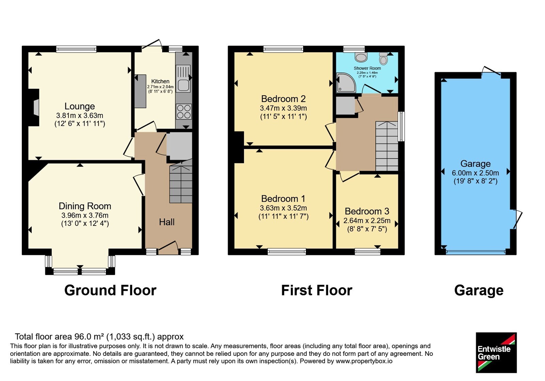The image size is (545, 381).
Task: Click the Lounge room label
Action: pyautogui.click(x=80, y=106)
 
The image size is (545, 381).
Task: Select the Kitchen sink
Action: pyautogui.click(x=183, y=79)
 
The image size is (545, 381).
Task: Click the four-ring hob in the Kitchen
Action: pyautogui.click(x=184, y=112)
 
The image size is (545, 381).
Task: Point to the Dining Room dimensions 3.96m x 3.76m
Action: pyautogui.click(x=85, y=215)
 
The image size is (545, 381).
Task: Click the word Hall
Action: pyautogui.click(x=167, y=222)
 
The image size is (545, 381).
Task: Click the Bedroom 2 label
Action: pyautogui.click(x=283, y=99)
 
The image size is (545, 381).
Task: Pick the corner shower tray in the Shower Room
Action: pyautogui.click(x=345, y=83)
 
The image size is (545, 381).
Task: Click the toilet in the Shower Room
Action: pyautogui.click(x=383, y=58)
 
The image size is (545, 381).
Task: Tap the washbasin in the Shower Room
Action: pyautogui.click(x=361, y=57)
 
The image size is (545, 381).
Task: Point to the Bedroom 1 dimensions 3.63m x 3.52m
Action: pyautogui.click(x=283, y=208)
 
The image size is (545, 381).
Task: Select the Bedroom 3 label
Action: pyautogui.click(x=367, y=211)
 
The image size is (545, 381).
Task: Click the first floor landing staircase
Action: pyautogui.click(x=387, y=146)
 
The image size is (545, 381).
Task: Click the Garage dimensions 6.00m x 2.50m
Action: pyautogui.click(x=476, y=173)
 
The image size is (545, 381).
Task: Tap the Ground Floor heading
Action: pyautogui.click(x=110, y=291)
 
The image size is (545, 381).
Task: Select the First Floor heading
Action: pyautogui.click(x=316, y=291)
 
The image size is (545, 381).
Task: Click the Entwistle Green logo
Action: pyautogui.click(x=496, y=352)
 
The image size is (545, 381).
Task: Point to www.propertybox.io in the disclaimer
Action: pyautogui.click(x=364, y=361)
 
